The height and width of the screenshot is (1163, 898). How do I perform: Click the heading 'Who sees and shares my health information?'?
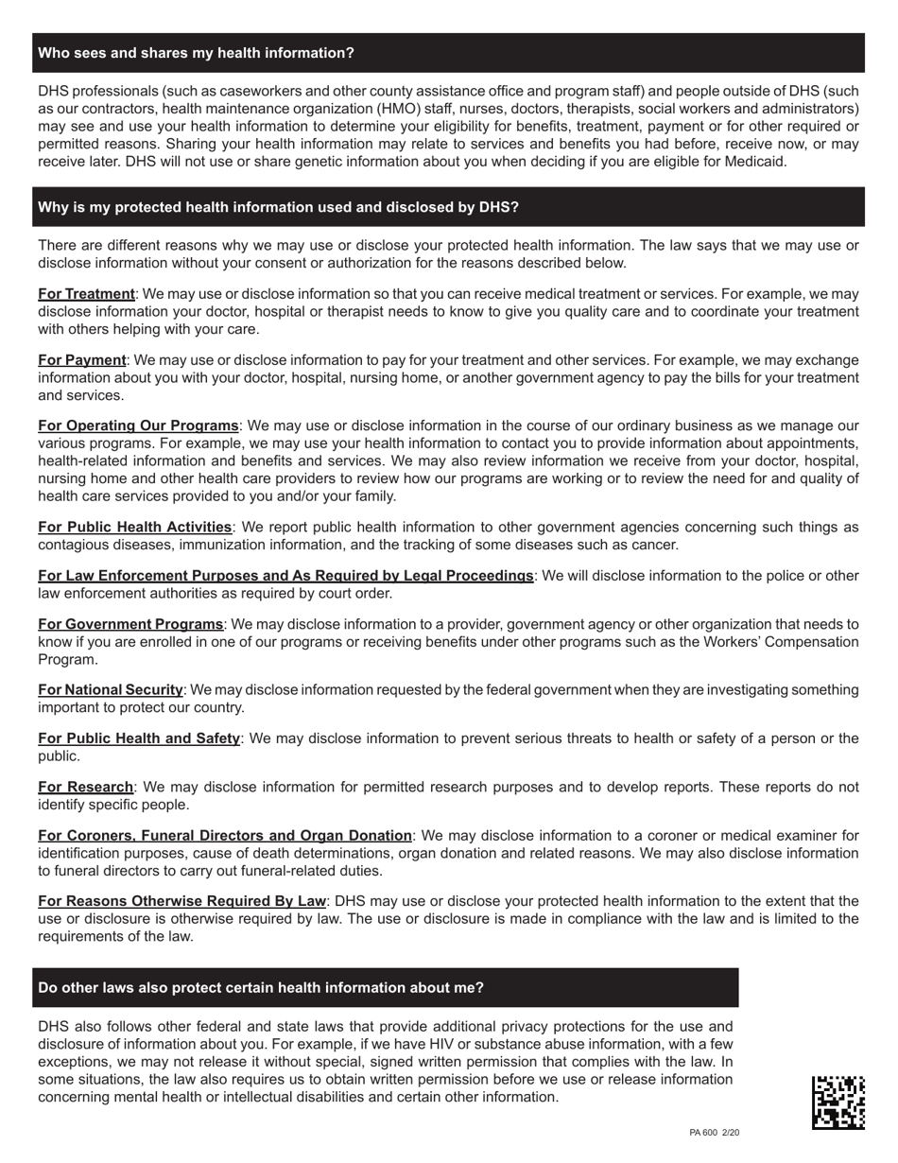[196, 53]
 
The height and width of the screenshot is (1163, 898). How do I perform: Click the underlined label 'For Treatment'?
[86, 294]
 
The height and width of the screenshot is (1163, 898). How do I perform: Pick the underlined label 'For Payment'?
[82, 360]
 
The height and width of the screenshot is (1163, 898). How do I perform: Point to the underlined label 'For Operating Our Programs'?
[138, 425]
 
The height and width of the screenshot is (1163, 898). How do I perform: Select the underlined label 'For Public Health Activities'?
[134, 527]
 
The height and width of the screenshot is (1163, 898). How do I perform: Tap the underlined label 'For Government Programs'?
[130, 624]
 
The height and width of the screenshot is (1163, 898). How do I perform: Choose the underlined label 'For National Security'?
[111, 690]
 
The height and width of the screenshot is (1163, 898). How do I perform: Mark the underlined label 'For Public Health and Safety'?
[139, 738]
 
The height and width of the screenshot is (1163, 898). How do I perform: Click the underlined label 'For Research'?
[85, 787]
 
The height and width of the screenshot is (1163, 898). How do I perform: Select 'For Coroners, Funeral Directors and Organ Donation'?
[225, 836]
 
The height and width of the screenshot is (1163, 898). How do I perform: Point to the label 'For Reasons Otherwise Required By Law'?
[181, 901]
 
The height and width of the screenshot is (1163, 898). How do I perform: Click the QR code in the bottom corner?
[838, 1102]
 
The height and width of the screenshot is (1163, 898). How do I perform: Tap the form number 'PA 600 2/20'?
[714, 1133]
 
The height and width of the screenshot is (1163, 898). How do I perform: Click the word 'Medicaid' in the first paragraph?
[753, 162]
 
